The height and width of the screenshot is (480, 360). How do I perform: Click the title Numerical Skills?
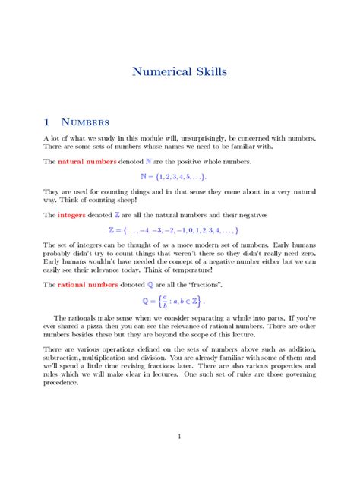[179, 73]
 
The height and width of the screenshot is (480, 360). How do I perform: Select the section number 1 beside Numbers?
[47, 122]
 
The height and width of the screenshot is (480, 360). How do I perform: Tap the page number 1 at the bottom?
[179, 437]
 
